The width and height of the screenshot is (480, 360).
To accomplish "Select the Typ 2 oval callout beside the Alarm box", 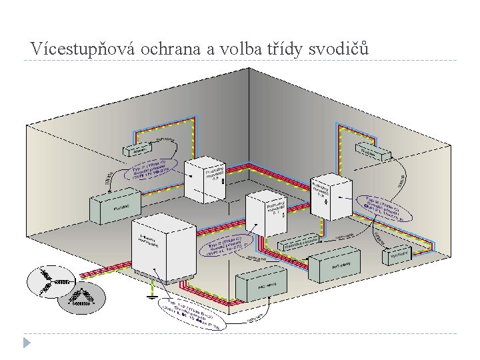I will click(x=152, y=171).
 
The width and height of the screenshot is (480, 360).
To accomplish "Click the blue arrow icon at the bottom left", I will click(x=26, y=344).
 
